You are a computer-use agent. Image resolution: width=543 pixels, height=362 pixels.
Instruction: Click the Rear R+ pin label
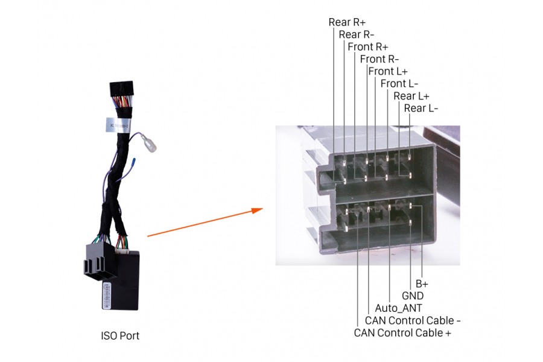coord(347,22)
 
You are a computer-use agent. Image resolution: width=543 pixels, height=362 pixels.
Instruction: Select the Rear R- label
coord(357,34)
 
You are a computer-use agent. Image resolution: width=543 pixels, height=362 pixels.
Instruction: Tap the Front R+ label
coord(368,47)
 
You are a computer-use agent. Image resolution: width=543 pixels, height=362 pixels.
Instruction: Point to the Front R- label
coord(379,59)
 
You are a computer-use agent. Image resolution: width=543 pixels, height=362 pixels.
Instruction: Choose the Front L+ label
coord(388,71)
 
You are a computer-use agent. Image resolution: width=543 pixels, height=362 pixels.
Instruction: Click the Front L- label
coord(399,84)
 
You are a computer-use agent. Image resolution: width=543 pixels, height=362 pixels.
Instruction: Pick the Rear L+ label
coord(411,96)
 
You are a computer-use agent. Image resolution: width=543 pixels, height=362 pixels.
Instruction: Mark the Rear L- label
coord(421,109)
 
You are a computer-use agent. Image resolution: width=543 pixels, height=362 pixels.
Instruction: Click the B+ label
coord(422,284)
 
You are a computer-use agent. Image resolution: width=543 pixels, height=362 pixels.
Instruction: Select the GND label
coord(413,296)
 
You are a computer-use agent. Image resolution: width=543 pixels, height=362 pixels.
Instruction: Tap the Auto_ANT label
coord(398,308)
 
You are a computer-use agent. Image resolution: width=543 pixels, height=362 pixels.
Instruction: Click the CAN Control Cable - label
coord(413,320)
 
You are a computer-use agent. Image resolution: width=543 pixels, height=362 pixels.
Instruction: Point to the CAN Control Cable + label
coord(402,333)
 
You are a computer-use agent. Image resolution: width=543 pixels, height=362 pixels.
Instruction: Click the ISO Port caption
coord(120,335)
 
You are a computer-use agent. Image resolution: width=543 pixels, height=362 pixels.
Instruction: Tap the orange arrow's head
coord(257,210)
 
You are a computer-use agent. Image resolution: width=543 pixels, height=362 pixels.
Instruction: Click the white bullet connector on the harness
coord(149,144)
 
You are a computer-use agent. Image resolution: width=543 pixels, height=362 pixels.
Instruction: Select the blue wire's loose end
coord(134,160)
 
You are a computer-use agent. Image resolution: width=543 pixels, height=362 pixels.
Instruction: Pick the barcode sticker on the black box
coord(106,295)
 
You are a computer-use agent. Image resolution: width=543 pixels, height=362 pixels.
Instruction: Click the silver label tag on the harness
coord(118,125)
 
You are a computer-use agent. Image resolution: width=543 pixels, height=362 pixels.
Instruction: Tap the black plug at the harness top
coord(121,89)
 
